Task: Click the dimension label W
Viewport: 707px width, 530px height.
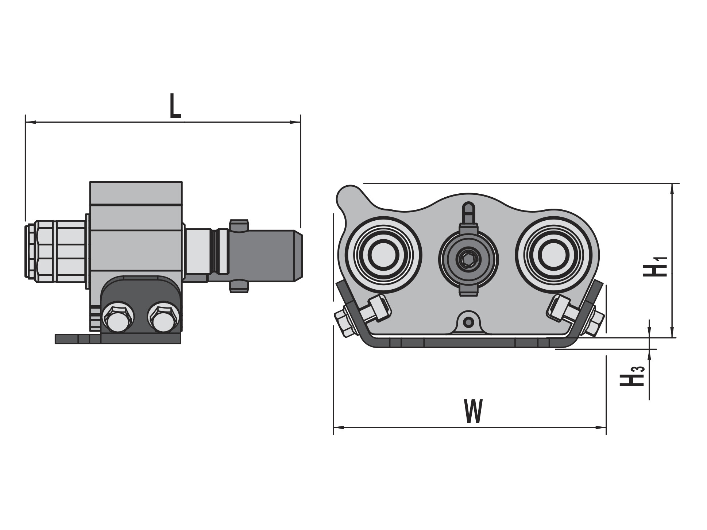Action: [x=474, y=411]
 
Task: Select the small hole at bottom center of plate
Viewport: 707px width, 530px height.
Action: [x=470, y=322]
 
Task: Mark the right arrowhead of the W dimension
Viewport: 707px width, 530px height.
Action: [x=601, y=427]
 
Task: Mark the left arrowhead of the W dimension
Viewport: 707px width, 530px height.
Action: [x=339, y=427]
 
